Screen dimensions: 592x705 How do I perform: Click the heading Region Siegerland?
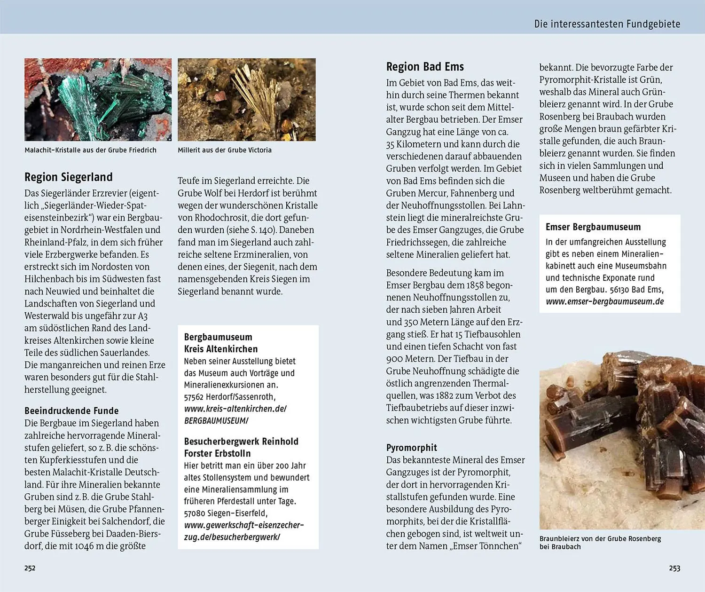(x=69, y=177)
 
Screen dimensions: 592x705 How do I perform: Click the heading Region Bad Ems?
(x=425, y=67)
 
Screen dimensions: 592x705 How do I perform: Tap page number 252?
(x=30, y=568)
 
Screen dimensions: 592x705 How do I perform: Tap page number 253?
(x=674, y=568)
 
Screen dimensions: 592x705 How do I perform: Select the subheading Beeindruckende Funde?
(x=71, y=410)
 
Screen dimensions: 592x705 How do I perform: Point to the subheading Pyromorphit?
(x=412, y=448)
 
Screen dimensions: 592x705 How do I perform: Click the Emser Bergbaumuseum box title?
(x=593, y=227)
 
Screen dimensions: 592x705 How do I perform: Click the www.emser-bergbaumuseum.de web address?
(x=605, y=301)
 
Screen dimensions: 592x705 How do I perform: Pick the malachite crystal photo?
(x=98, y=100)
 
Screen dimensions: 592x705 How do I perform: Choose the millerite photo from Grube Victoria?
(x=247, y=100)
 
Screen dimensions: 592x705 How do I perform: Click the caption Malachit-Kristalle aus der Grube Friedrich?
(x=91, y=150)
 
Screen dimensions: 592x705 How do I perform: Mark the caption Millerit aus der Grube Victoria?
(x=225, y=150)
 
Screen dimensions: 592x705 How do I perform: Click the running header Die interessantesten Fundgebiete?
(x=607, y=24)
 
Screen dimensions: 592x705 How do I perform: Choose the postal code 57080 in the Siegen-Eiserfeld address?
(x=195, y=513)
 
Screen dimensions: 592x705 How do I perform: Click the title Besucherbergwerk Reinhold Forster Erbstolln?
(x=241, y=447)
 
